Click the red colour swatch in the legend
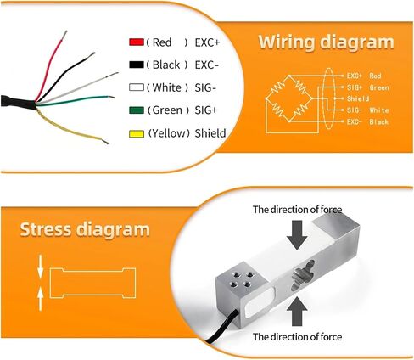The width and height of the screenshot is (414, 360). click(137, 42)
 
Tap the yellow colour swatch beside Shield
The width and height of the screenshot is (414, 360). click(137, 133)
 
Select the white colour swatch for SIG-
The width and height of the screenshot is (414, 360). click(137, 87)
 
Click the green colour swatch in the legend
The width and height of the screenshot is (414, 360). click(137, 110)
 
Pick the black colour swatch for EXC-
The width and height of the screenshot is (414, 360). click(137, 65)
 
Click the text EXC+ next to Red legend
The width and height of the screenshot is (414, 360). click(207, 42)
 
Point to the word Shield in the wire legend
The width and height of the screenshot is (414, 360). click(210, 133)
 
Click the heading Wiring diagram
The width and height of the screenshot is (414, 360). click(326, 42)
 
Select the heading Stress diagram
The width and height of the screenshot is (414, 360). click(85, 229)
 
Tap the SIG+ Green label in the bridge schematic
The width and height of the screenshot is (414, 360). click(367, 87)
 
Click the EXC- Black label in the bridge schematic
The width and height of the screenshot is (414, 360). click(367, 121)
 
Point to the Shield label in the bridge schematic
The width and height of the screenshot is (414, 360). click(358, 98)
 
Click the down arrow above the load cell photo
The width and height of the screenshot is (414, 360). click(297, 235)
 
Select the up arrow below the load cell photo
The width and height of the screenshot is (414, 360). click(297, 312)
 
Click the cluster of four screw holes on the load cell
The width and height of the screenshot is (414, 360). click(241, 279)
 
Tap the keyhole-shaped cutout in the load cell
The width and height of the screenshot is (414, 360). click(303, 275)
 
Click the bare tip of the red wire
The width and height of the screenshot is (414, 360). click(64, 35)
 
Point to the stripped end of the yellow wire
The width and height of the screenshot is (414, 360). click(105, 141)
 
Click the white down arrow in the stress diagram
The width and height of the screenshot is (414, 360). click(41, 266)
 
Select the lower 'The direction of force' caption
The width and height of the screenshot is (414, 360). click(297, 337)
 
